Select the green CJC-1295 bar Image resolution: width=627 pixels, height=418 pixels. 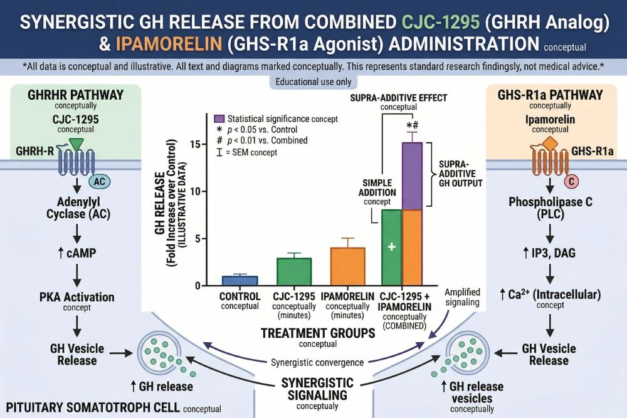pyautogui.click(x=294, y=271)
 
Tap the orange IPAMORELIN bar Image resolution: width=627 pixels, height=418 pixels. pyautogui.click(x=348, y=266)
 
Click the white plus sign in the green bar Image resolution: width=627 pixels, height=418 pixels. pyautogui.click(x=391, y=248)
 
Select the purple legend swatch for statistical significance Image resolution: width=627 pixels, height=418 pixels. pyautogui.click(x=219, y=118)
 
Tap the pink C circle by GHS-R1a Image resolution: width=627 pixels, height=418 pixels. pyautogui.click(x=571, y=182)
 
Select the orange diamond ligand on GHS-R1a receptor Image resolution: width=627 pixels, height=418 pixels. pyautogui.click(x=549, y=144)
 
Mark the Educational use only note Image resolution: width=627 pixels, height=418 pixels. pyautogui.click(x=313, y=82)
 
